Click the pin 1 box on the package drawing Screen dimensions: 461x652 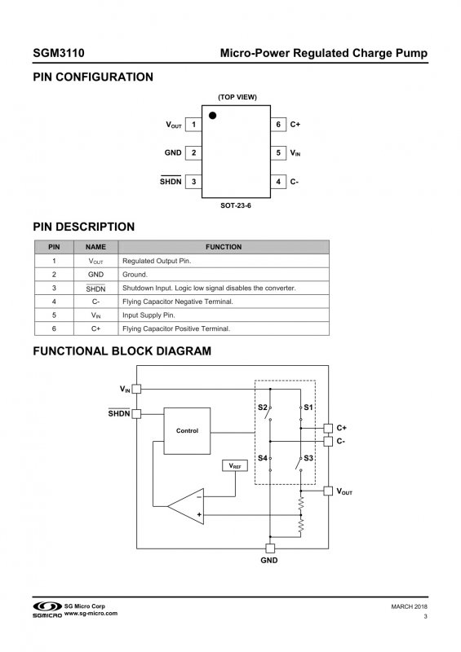point(193,125)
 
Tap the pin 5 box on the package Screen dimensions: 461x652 point(278,153)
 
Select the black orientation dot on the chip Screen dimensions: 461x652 point(212,115)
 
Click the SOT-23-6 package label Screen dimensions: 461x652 point(236,205)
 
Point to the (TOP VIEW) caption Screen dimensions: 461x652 point(237,97)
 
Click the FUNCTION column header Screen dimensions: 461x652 point(224,247)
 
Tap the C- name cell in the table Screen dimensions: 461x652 point(95,302)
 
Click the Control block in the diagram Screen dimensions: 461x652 point(187,431)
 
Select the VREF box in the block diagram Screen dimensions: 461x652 point(235,465)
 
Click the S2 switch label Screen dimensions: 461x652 point(263,407)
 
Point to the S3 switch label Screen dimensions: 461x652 point(308,458)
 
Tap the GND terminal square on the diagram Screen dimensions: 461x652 point(270,548)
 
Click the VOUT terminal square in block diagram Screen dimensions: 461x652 point(328,491)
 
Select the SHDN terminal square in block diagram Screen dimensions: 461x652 point(136,414)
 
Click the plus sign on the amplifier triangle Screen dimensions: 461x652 point(199,515)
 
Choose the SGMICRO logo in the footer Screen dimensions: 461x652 point(47,609)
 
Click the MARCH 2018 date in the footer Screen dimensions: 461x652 point(409,606)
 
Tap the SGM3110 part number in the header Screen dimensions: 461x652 point(59,53)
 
